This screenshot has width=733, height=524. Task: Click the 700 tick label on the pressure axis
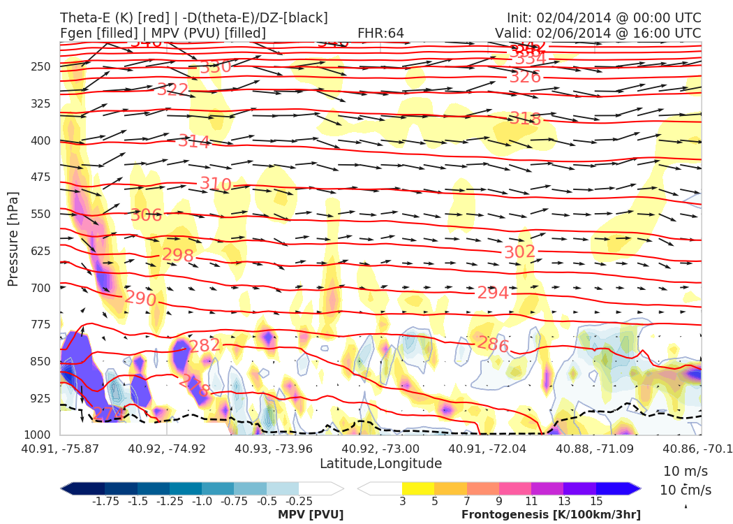tap(41, 288)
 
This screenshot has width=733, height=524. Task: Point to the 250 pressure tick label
tap(41, 67)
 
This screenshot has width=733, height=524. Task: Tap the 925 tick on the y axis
tap(41, 398)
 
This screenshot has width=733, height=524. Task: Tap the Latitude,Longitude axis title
tap(380, 463)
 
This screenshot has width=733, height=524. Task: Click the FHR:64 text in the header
tap(380, 33)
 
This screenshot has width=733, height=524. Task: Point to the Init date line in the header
tap(604, 17)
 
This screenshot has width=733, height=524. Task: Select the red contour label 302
tap(519, 252)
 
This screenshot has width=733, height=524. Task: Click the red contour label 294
tap(493, 293)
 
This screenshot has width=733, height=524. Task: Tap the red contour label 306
tap(146, 215)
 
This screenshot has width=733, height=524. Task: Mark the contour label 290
tap(140, 299)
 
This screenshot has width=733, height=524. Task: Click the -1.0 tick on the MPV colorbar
tap(202, 501)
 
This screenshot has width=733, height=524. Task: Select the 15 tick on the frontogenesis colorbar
tap(595, 501)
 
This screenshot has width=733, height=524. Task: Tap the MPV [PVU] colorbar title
tap(311, 515)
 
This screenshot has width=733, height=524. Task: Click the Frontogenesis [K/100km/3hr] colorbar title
tap(551, 515)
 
